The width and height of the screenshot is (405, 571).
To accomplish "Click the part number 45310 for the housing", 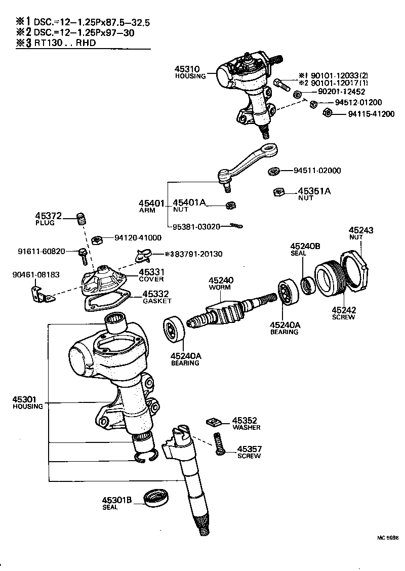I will point(187,69).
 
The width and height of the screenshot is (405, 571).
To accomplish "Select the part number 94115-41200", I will point(371,114).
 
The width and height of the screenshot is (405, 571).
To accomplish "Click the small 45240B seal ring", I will point(307,285).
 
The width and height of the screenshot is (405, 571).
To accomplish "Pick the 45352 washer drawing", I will point(214,421).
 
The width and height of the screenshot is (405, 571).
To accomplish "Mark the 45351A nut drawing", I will point(277,192).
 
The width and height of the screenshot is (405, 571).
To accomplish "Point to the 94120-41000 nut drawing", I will point(100,238).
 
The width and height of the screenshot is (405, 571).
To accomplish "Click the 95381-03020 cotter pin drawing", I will point(234,226).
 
